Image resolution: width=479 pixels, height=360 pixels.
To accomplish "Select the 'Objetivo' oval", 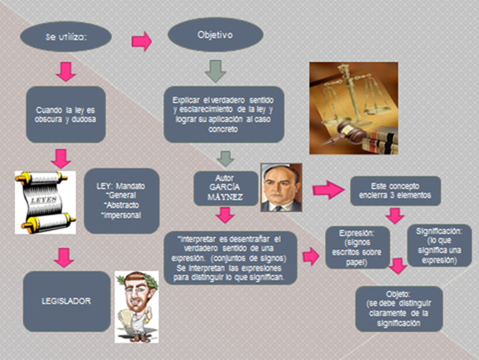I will [x=215, y=34].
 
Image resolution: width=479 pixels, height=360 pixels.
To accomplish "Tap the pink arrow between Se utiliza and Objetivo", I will [x=141, y=41].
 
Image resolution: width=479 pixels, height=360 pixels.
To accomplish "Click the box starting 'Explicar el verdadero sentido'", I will [x=223, y=114].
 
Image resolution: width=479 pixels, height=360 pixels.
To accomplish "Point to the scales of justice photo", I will [x=353, y=108].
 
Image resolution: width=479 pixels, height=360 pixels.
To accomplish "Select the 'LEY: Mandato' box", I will [x=121, y=200].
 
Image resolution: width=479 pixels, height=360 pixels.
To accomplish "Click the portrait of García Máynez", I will [x=282, y=186].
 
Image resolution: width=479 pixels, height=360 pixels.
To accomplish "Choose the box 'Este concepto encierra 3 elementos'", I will [x=396, y=191].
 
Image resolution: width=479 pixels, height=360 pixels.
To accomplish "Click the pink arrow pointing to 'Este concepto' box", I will [x=328, y=190].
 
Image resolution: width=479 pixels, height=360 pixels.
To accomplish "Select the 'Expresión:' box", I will [x=362, y=246].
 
